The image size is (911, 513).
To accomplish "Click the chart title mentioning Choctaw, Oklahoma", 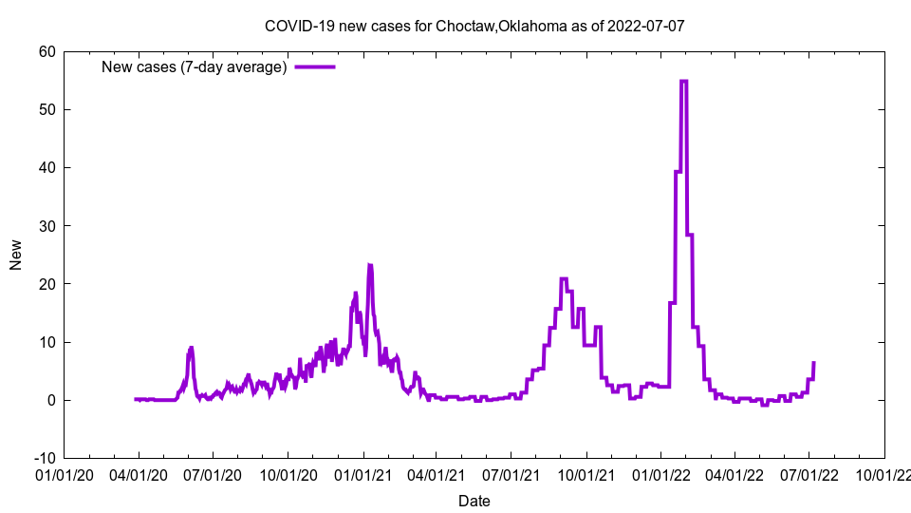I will pyautogui.click(x=474, y=27).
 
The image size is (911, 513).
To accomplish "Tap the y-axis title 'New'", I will pyautogui.click(x=16, y=255).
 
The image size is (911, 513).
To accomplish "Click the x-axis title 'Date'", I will pyautogui.click(x=474, y=501).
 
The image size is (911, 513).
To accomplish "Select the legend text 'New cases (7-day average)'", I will pyautogui.click(x=195, y=66).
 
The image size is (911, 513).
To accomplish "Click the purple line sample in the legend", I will pyautogui.click(x=315, y=66).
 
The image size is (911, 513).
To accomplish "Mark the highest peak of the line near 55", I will pyautogui.click(x=684, y=81).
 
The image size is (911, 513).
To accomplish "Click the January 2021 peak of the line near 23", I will pyautogui.click(x=370, y=266).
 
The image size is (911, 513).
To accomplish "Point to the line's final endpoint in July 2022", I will pyautogui.click(x=814, y=362).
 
